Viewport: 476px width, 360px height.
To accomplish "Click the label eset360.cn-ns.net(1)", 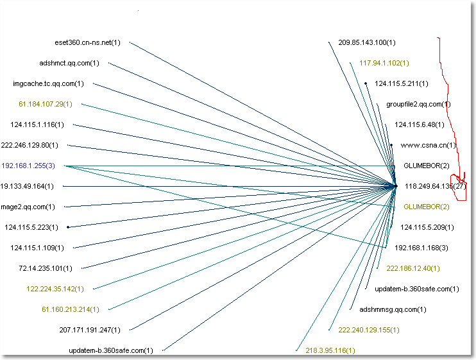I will point(87,43).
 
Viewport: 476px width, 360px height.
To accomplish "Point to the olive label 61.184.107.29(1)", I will point(46,103).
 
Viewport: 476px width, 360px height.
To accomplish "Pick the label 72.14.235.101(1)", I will point(46,268).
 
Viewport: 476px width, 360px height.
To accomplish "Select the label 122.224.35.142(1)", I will point(55,289).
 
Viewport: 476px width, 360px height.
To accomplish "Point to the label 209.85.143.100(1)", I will point(367,43).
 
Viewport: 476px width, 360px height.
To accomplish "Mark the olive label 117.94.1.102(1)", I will point(384,63).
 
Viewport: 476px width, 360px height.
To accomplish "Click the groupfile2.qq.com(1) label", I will point(418,104).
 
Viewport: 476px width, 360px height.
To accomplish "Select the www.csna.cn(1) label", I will point(428,145).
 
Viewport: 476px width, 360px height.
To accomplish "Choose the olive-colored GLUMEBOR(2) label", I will point(427,207).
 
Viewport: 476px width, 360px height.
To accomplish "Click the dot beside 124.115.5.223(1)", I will point(67,227).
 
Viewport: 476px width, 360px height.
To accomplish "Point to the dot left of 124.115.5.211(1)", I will point(366,83).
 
